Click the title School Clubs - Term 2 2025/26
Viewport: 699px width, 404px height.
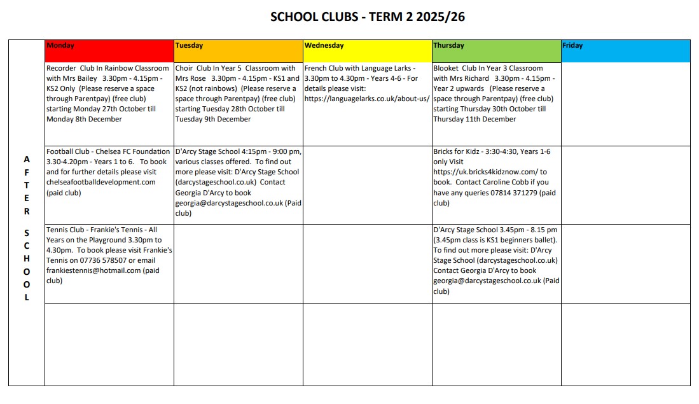click(368, 17)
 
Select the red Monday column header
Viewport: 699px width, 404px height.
click(109, 51)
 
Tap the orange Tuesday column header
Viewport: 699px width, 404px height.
click(239, 51)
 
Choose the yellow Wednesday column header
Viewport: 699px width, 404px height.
click(367, 51)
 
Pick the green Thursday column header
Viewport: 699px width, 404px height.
click(496, 51)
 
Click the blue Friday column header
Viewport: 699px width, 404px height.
click(625, 51)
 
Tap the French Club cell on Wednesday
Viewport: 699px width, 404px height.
click(367, 83)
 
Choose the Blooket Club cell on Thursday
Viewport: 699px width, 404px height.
click(496, 94)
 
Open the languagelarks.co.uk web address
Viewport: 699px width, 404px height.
click(367, 99)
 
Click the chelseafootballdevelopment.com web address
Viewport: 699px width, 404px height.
click(100, 182)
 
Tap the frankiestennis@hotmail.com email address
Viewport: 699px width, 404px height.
click(93, 270)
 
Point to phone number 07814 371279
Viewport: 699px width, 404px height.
click(513, 193)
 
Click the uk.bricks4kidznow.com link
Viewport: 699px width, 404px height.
click(485, 172)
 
